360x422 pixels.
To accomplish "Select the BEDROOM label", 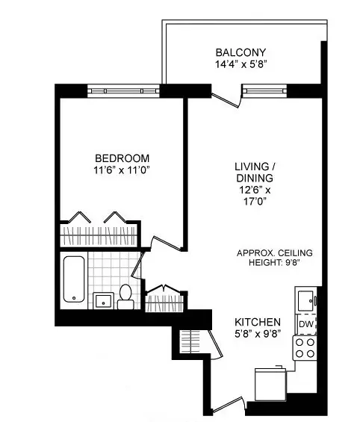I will (122, 158).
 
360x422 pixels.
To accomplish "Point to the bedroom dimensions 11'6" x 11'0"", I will (122, 171).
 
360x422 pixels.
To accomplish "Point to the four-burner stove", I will (305, 348).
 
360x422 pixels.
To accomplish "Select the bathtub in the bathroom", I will (73, 279).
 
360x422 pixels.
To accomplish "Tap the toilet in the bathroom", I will (125, 297).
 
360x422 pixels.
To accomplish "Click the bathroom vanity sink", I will (102, 300).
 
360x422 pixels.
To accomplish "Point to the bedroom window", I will (124, 90).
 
